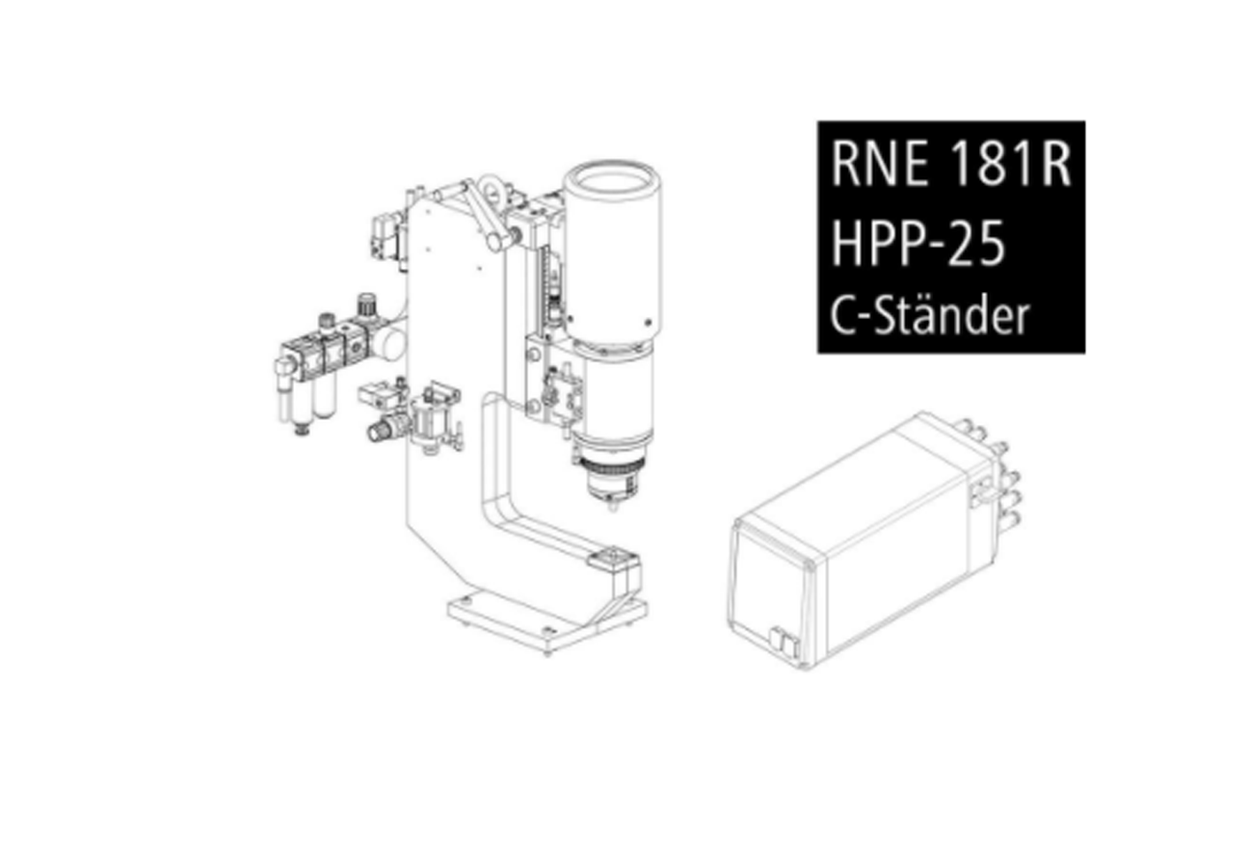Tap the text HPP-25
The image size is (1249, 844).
(x=918, y=243)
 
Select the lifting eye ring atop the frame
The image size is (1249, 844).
(x=492, y=190)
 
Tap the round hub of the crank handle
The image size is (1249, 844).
(x=495, y=242)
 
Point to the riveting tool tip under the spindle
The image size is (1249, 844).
(x=613, y=506)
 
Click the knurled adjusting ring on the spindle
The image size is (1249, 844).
(x=612, y=465)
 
